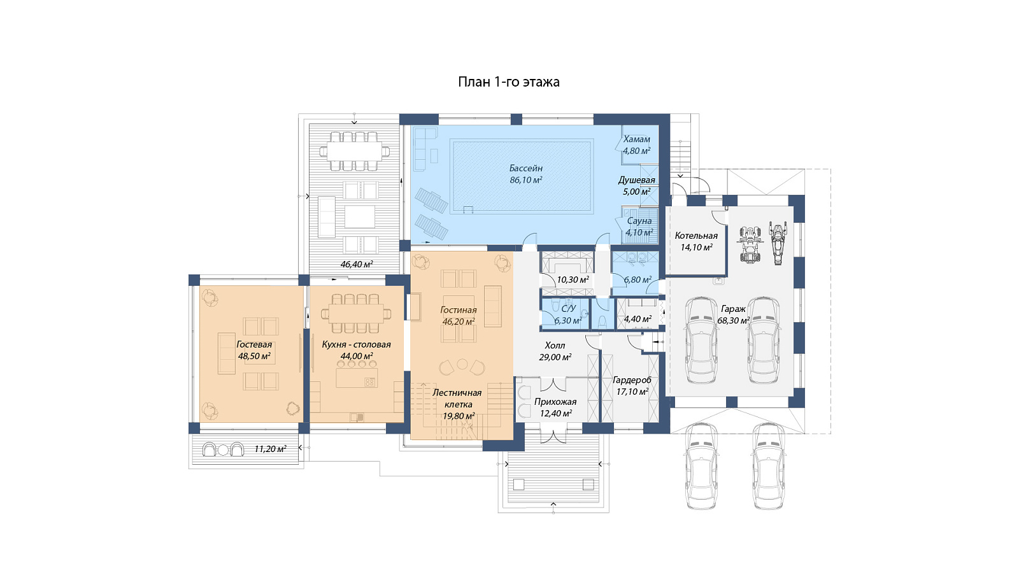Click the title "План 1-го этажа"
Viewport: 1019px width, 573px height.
click(509, 82)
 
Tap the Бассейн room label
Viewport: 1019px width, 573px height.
click(526, 168)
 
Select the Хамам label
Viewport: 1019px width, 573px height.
click(636, 139)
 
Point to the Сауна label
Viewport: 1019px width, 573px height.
click(639, 221)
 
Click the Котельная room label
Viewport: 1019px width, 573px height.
click(696, 236)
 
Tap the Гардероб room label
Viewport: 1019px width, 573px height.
click(632, 380)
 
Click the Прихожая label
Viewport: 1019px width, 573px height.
click(555, 402)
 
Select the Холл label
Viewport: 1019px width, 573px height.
click(555, 346)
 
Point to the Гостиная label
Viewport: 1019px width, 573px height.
click(458, 310)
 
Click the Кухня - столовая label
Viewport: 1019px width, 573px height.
click(356, 344)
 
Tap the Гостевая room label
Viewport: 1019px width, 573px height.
click(254, 344)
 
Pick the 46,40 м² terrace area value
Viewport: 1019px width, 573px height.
click(357, 264)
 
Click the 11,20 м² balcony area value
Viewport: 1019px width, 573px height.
click(270, 449)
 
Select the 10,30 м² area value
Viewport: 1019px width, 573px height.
click(573, 279)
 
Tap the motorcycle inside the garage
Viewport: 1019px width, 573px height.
click(778, 243)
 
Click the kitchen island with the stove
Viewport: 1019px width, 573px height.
click(357, 378)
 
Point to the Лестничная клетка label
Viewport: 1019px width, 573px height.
click(457, 399)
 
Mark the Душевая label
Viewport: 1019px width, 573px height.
click(636, 180)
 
